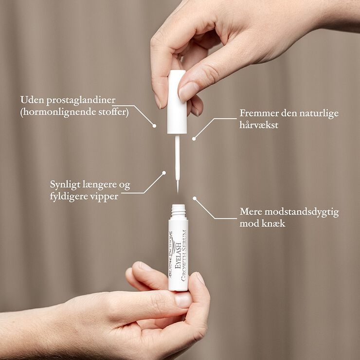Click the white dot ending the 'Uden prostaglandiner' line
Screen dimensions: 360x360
155,126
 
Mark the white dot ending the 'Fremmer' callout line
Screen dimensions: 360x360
194,139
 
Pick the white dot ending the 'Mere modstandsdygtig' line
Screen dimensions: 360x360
194,198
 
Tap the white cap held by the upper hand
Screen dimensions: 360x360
177,102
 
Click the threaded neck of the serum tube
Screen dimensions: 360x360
179,211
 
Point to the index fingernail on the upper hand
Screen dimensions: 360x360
188,91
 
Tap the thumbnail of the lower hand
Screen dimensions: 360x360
183,299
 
